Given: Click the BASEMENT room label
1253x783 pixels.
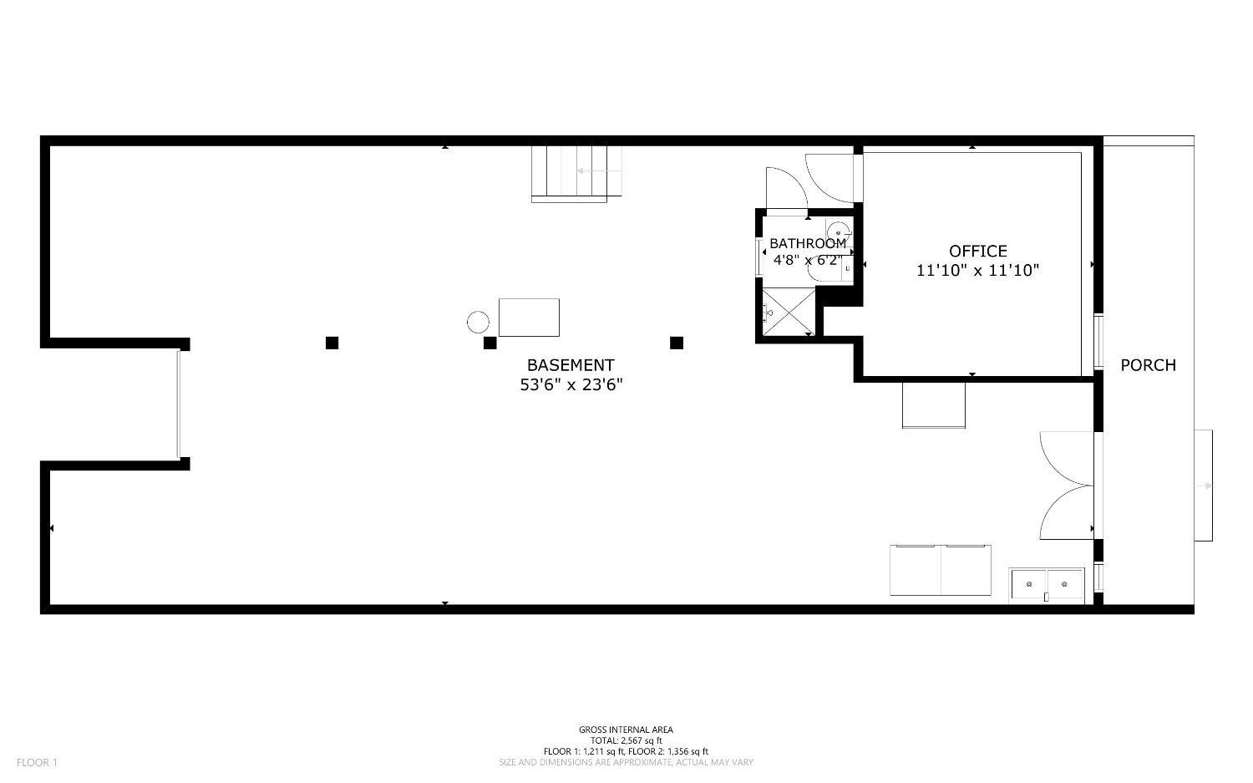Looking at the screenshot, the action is (x=571, y=365).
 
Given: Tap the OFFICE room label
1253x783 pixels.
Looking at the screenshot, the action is (x=978, y=252).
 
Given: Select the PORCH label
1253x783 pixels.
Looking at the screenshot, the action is (x=1148, y=365).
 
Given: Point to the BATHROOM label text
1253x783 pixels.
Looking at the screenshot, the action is (x=808, y=243).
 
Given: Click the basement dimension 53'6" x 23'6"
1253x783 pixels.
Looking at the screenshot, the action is (x=571, y=385).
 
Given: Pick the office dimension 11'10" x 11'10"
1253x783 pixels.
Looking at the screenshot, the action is (x=977, y=271).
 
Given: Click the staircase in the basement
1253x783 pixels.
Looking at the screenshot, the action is (x=576, y=174).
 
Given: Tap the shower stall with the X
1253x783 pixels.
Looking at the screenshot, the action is (x=789, y=312).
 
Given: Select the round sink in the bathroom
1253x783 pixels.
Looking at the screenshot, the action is (x=839, y=231).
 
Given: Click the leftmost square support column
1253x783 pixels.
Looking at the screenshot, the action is (x=332, y=343).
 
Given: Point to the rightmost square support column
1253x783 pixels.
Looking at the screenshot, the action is (x=677, y=343).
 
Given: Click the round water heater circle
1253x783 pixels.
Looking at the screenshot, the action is (x=479, y=323).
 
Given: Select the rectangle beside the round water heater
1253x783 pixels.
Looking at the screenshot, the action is (x=529, y=318).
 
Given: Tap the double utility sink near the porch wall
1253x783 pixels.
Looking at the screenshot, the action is (x=1046, y=586).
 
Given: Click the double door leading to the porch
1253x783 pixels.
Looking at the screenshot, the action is (x=1067, y=486).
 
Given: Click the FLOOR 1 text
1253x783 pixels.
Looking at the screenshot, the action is (x=37, y=763).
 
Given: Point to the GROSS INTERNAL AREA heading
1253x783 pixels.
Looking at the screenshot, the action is (x=626, y=730).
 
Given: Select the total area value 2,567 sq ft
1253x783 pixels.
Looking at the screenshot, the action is (x=641, y=741).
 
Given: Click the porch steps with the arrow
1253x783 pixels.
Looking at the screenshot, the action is (x=1204, y=486).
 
